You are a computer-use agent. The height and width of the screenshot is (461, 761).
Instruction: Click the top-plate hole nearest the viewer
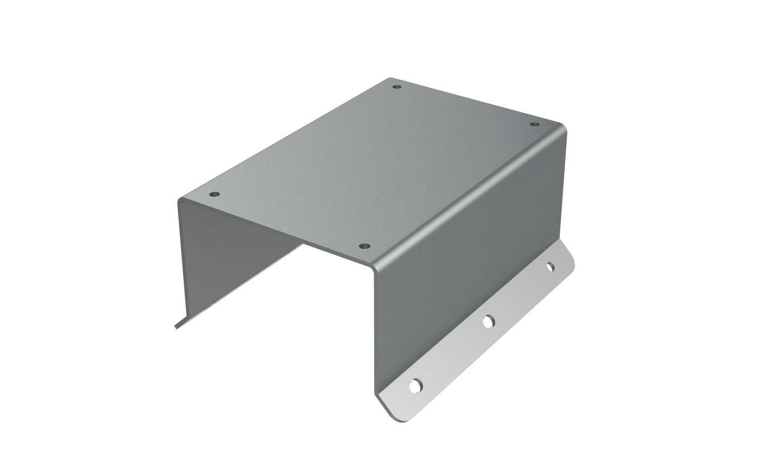[365, 246]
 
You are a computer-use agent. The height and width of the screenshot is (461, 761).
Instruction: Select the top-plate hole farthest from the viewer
[397, 86]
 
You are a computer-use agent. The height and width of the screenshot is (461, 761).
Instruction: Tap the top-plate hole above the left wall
[215, 194]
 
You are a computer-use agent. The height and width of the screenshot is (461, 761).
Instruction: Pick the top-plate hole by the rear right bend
[535, 124]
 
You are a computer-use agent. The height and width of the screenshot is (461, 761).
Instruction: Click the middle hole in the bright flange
[489, 321]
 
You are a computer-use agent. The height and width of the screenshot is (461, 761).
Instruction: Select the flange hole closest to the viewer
[416, 386]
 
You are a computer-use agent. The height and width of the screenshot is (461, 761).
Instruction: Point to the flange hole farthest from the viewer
[550, 267]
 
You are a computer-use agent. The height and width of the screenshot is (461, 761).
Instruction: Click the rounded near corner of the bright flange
[402, 420]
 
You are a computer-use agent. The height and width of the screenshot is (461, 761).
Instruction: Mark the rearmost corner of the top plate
[390, 78]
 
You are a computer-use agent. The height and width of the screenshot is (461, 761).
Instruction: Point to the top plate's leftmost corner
[179, 201]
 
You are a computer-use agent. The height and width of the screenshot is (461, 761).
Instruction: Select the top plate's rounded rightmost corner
[564, 128]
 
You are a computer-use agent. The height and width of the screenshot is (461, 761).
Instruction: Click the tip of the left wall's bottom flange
[176, 327]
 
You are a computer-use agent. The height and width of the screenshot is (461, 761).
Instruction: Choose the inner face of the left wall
[228, 256]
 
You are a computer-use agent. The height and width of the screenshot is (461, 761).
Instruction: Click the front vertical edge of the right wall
[375, 332]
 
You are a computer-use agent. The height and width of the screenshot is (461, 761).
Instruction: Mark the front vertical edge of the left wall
[182, 261]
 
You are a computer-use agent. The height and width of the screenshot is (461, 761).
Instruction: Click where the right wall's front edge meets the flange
[376, 393]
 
